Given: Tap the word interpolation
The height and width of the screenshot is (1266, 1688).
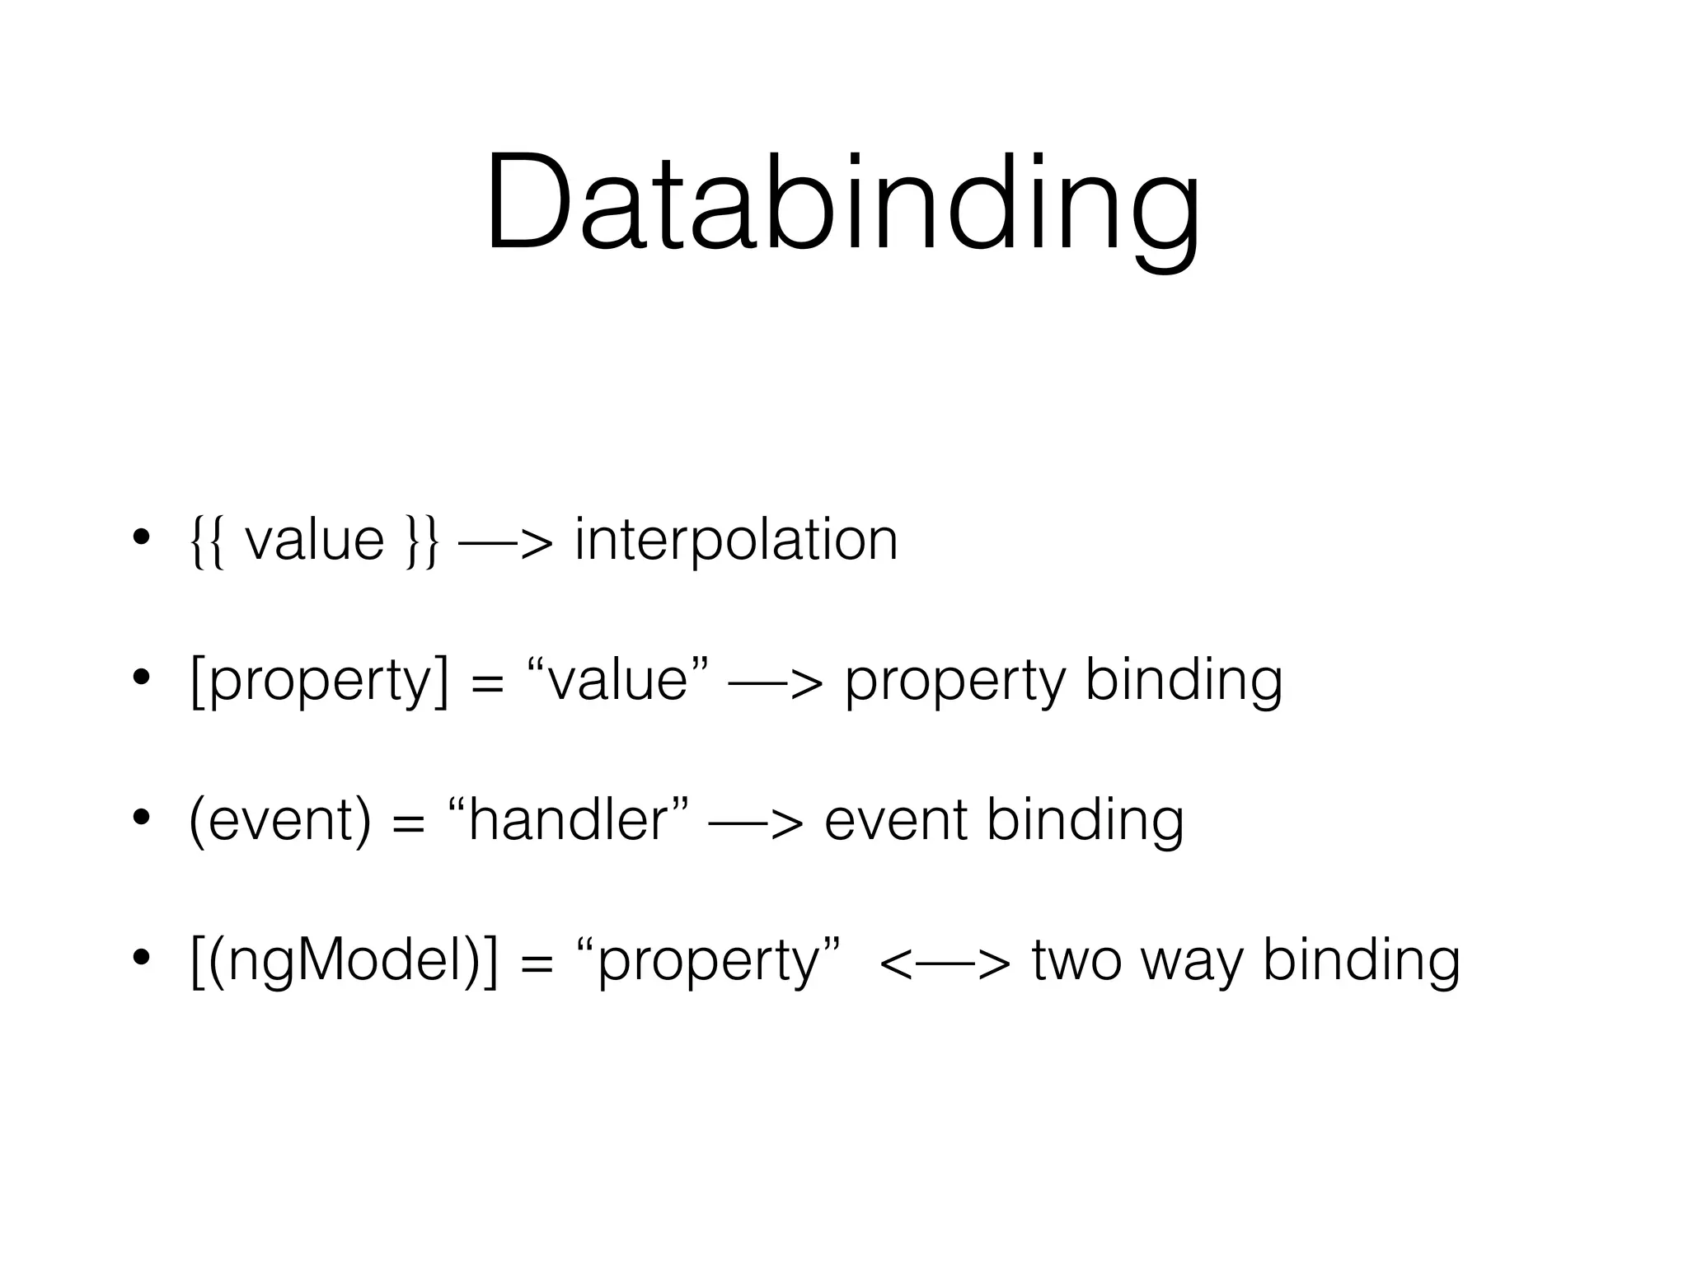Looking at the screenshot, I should pyautogui.click(x=736, y=541).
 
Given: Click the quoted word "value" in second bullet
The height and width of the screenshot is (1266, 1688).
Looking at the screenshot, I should pyautogui.click(x=618, y=681).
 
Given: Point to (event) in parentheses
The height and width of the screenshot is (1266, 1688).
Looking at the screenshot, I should pyautogui.click(x=280, y=821).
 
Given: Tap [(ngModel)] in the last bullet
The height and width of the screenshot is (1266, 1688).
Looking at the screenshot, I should pyautogui.click(x=345, y=962).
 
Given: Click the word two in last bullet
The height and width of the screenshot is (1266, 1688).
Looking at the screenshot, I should pyautogui.click(x=1076, y=962).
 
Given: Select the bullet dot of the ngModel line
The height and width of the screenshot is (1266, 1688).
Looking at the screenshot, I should pyautogui.click(x=141, y=958).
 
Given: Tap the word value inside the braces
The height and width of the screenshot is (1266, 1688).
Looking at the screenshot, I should pyautogui.click(x=315, y=542).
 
